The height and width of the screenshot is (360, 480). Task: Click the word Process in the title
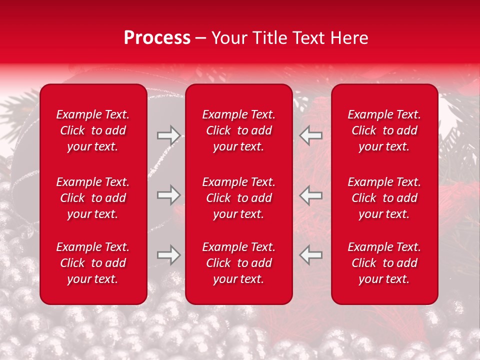point(157,38)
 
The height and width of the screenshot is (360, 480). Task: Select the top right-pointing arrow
point(168,135)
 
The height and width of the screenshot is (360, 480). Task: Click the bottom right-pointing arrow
point(168,255)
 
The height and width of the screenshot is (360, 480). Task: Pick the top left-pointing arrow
point(311,135)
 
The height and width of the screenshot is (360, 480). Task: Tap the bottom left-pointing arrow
point(311,255)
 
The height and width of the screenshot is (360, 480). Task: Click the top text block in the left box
point(93,130)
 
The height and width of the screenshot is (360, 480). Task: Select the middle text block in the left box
point(93,198)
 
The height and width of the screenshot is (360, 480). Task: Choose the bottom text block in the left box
point(93,263)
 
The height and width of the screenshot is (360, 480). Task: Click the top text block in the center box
point(239,130)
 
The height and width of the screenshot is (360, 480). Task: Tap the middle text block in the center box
point(239,198)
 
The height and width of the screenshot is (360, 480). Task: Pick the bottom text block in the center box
point(239,263)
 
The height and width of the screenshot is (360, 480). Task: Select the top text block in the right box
point(384,130)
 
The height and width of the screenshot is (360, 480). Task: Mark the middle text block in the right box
point(384,198)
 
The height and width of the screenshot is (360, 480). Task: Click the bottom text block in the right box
point(384,263)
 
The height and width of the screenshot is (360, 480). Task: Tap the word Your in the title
point(229,38)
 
